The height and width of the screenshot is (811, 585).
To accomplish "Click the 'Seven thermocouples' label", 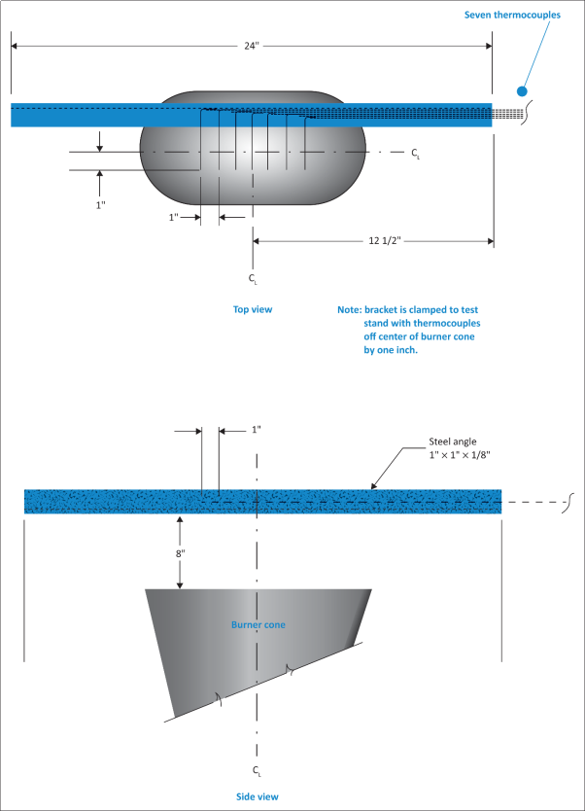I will pyautogui.click(x=520, y=15).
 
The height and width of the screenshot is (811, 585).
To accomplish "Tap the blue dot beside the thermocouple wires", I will pyautogui.click(x=522, y=90).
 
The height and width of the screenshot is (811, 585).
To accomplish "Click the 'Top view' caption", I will pyautogui.click(x=252, y=309).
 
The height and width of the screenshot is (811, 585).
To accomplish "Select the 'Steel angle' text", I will pyautogui.click(x=452, y=441).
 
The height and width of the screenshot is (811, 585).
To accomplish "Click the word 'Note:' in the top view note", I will pyautogui.click(x=349, y=309).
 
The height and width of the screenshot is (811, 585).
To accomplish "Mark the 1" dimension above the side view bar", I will pyautogui.click(x=229, y=429).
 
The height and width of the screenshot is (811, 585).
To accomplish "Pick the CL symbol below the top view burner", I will pyautogui.click(x=254, y=280).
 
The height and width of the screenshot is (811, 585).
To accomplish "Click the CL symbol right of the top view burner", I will pyautogui.click(x=416, y=153).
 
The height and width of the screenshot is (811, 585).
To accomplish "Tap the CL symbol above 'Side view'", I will pyautogui.click(x=257, y=770).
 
